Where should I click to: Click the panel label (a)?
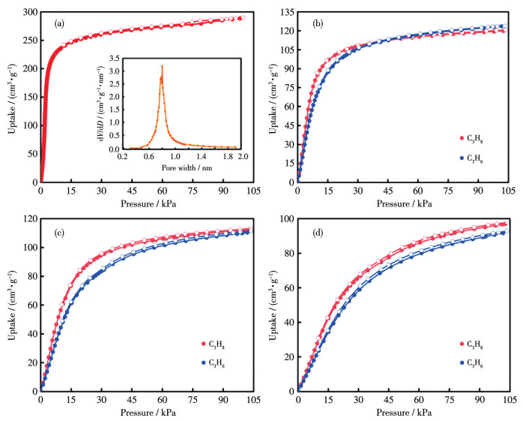59,23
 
